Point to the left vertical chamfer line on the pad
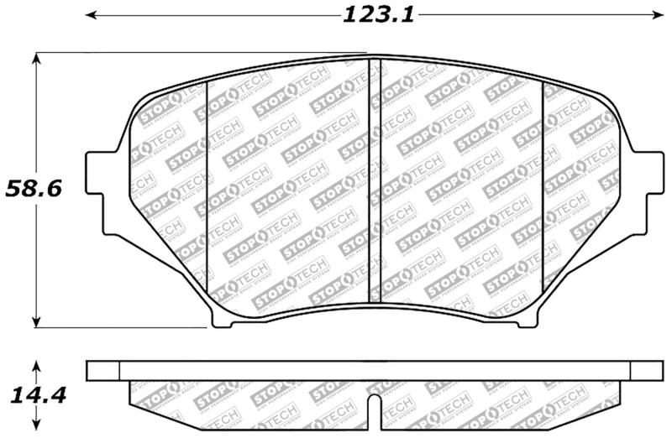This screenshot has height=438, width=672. [207, 189]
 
